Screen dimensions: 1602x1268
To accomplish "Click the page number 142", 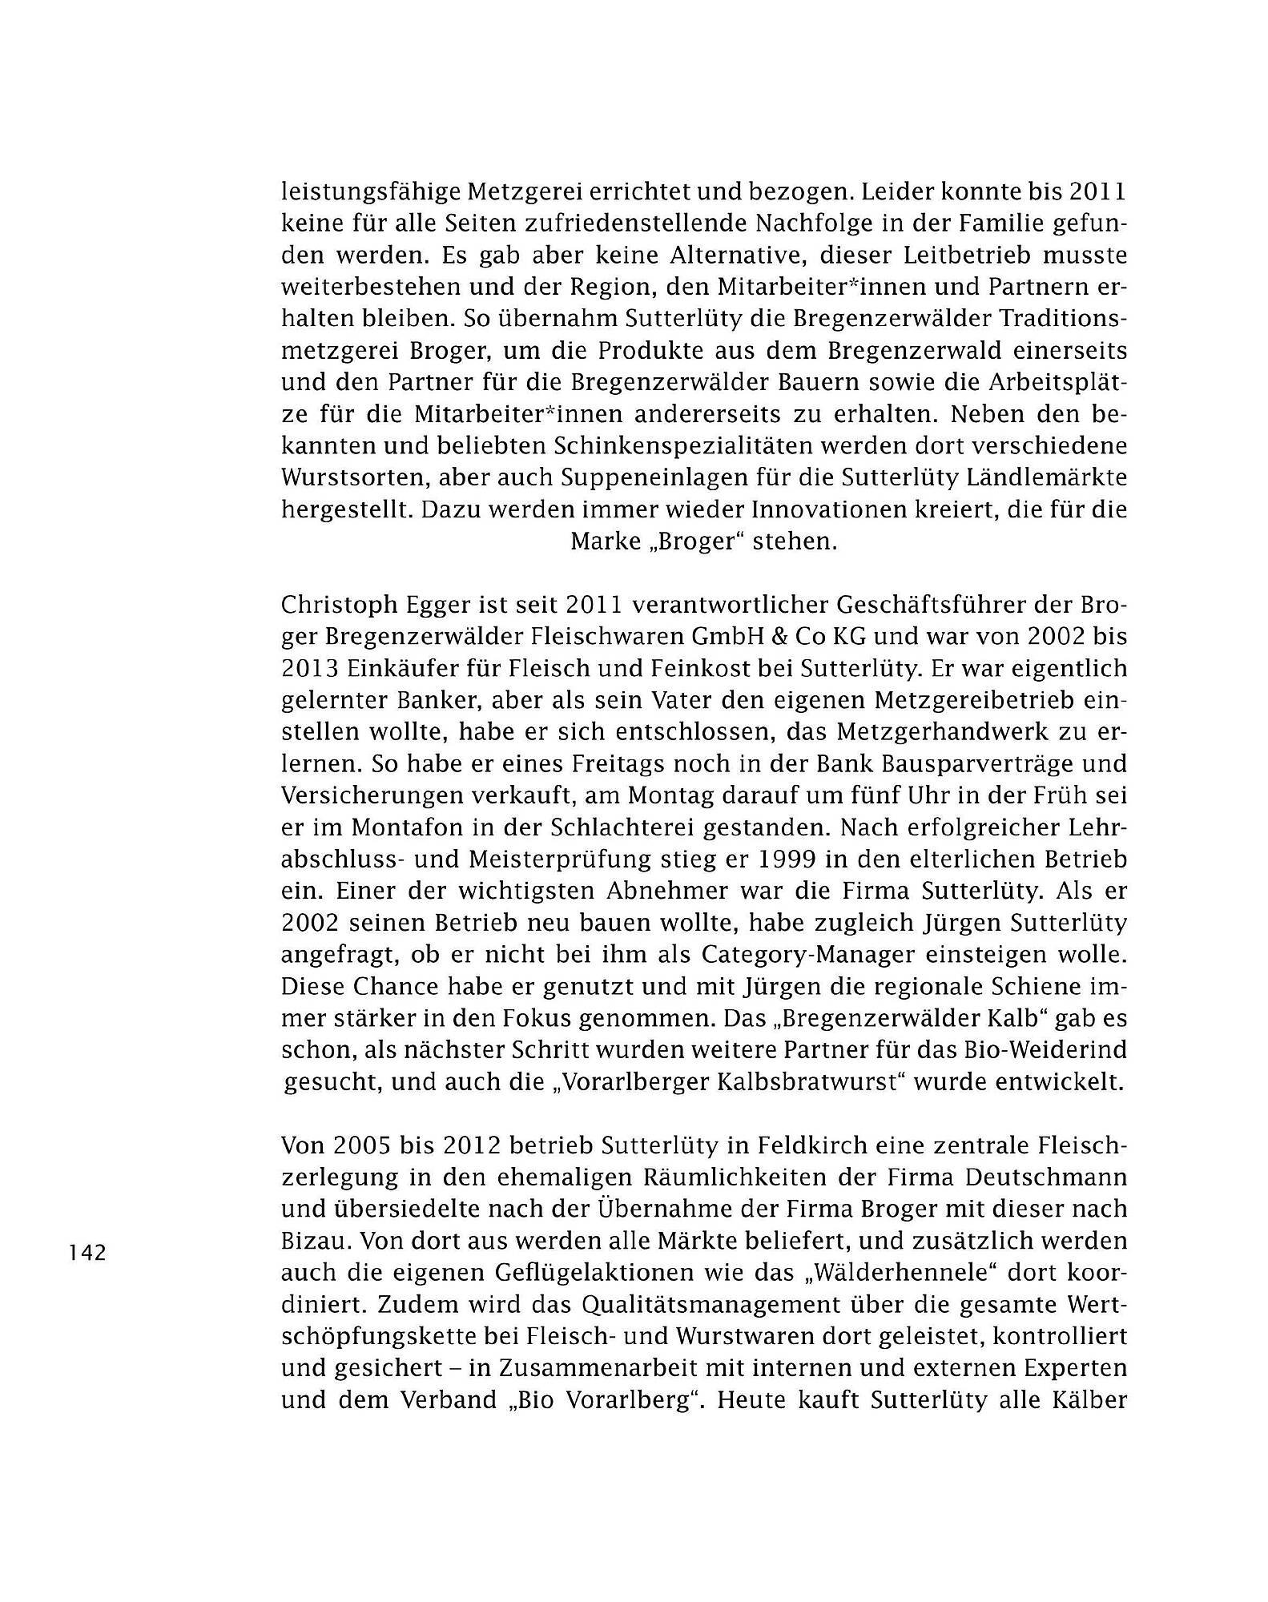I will [88, 1253].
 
